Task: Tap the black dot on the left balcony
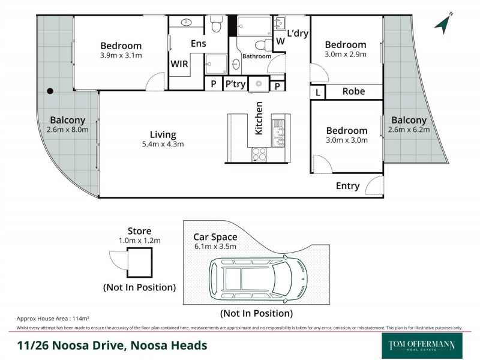[50, 91]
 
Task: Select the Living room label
[163, 134]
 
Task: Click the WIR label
[179, 64]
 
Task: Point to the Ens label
[199, 44]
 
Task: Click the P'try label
[235, 85]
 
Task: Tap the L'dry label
[298, 34]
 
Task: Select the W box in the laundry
[280, 41]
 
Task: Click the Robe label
[353, 92]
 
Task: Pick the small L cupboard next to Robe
[317, 92]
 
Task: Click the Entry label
[347, 186]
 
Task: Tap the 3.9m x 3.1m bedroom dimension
[121, 55]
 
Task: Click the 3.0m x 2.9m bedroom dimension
[345, 54]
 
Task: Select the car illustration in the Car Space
[258, 278]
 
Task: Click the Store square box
[139, 262]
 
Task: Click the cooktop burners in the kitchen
[259, 155]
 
